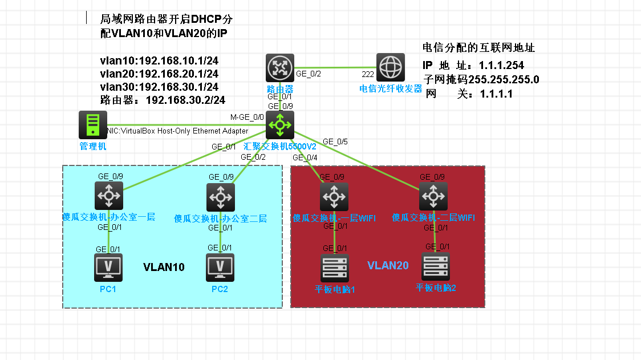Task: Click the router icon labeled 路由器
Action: coord(280,68)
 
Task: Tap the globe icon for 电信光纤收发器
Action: coord(391,68)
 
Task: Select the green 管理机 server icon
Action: coord(92,125)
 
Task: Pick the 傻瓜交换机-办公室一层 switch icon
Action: coord(109,196)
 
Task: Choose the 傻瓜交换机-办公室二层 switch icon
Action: coord(220,197)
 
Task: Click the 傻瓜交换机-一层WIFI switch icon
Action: coord(334,197)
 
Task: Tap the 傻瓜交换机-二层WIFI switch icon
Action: coord(433,197)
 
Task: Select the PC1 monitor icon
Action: coord(108,267)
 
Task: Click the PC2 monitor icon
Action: coord(220,267)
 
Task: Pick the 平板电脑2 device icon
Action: coord(436,266)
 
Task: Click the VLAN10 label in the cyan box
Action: coord(164,267)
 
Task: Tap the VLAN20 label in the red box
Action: coord(388,265)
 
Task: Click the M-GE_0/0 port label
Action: coord(247,118)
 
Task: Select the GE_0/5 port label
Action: coord(335,141)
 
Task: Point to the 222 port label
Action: coord(368,74)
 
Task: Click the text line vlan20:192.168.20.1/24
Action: coord(159,74)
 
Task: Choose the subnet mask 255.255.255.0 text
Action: coord(504,79)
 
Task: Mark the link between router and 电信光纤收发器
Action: coord(336,68)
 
